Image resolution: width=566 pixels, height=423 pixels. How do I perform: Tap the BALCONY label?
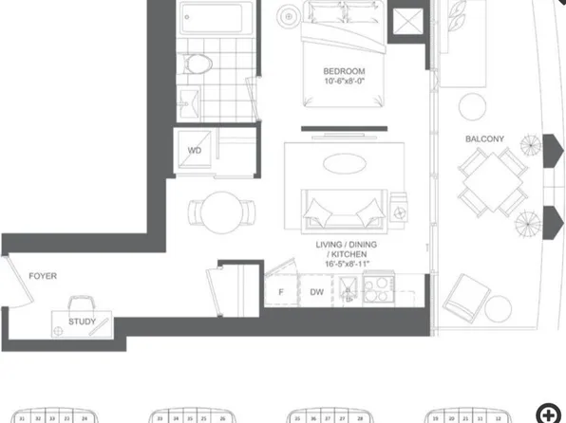[x=484, y=139]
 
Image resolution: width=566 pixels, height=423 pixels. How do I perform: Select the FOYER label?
[x=43, y=276]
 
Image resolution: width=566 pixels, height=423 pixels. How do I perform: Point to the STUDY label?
[x=82, y=322]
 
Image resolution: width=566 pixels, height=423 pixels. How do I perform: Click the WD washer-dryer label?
[x=194, y=150]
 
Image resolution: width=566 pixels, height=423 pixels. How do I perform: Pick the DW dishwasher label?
[x=315, y=292]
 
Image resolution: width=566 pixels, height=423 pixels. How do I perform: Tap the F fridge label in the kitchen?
[x=281, y=292]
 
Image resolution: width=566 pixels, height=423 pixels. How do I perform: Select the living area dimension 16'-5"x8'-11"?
[x=343, y=265]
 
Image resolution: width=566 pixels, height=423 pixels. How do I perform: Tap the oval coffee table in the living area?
[x=342, y=165]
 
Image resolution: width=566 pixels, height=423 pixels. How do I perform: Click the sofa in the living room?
[x=343, y=204]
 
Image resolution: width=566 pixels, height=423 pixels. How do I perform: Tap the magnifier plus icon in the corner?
[x=547, y=413]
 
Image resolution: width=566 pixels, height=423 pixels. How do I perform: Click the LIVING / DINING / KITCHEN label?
[x=343, y=249]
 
